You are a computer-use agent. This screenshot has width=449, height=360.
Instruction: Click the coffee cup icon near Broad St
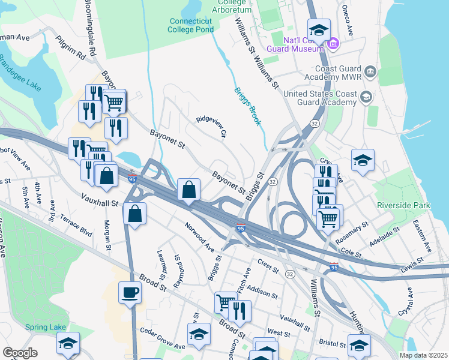point(130,293)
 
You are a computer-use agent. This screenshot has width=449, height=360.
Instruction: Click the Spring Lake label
point(41,327)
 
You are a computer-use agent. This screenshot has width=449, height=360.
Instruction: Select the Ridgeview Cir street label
point(211,127)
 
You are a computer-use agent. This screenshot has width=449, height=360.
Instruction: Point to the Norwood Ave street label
point(199,236)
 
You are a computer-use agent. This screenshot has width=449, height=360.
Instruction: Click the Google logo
point(20,353)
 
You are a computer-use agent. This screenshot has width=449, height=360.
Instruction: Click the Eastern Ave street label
point(421,236)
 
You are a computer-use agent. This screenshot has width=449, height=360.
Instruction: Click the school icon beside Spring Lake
point(68,344)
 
